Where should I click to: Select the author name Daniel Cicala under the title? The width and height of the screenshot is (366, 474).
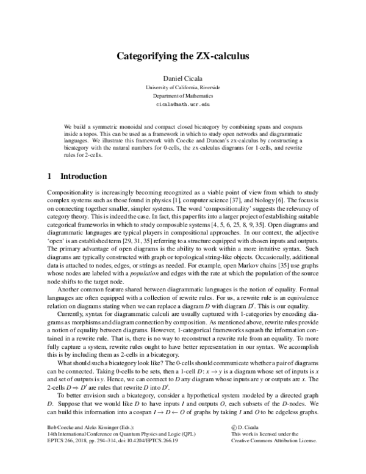(x=183, y=79)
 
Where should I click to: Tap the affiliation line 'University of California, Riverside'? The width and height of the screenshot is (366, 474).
(x=183, y=88)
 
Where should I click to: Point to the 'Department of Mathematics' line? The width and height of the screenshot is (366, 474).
(x=183, y=97)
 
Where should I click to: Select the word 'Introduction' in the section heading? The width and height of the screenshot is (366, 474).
(x=83, y=177)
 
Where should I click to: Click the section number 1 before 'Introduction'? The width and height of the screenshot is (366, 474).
(x=49, y=177)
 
